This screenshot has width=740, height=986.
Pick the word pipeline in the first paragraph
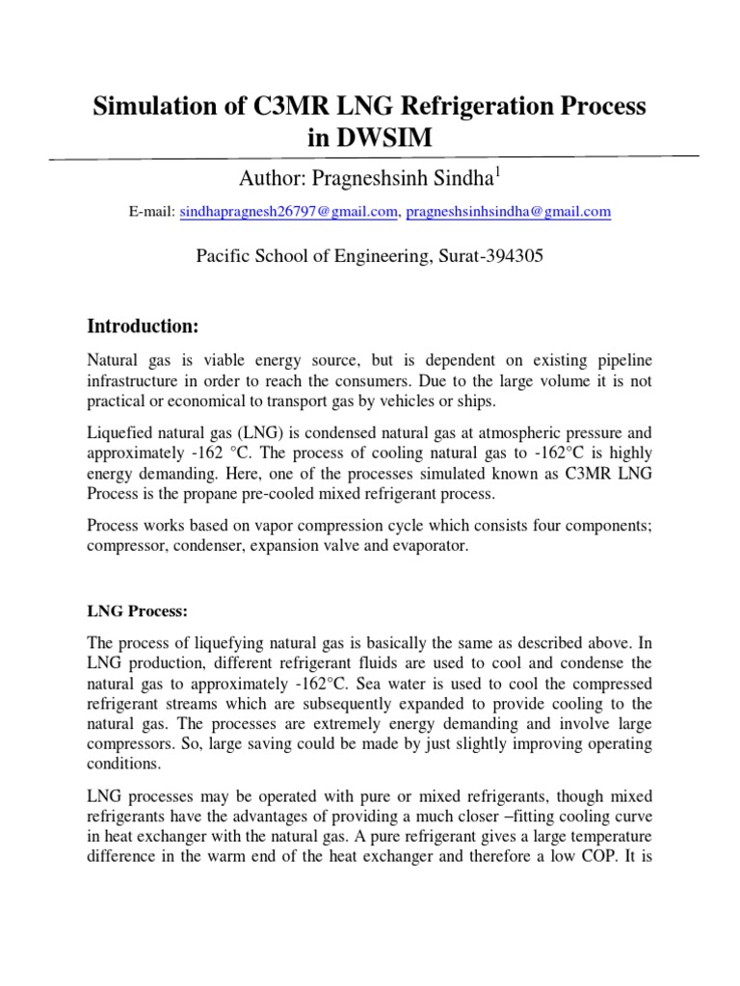coord(619,360)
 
